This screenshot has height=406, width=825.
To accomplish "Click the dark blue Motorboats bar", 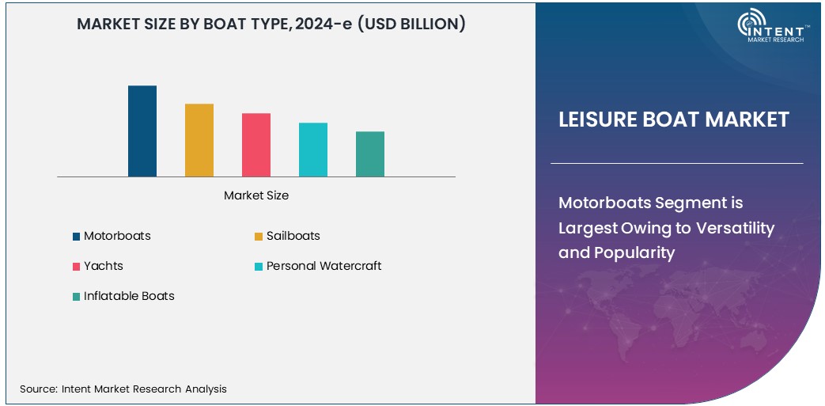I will (142, 131).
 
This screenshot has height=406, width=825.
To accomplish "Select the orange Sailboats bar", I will (199, 140).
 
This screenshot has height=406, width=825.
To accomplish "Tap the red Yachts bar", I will (256, 145).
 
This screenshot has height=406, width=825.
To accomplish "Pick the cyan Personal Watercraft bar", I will (313, 150).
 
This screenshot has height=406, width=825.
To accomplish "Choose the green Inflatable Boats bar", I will (370, 154).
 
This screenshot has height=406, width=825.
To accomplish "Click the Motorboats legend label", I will (117, 236).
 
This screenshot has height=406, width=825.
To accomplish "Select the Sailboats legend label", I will (293, 236).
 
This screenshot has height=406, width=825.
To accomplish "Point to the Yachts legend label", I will (104, 266).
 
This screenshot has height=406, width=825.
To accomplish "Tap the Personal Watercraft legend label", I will (324, 266).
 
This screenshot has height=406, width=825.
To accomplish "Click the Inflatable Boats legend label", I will (129, 296).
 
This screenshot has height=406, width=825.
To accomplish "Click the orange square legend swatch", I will (259, 237).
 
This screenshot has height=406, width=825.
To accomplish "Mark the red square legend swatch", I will (76, 267).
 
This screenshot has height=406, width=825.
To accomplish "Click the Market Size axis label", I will (256, 195).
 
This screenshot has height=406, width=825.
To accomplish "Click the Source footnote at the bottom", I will (123, 389).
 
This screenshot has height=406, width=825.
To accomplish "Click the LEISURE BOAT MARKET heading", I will (674, 120).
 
